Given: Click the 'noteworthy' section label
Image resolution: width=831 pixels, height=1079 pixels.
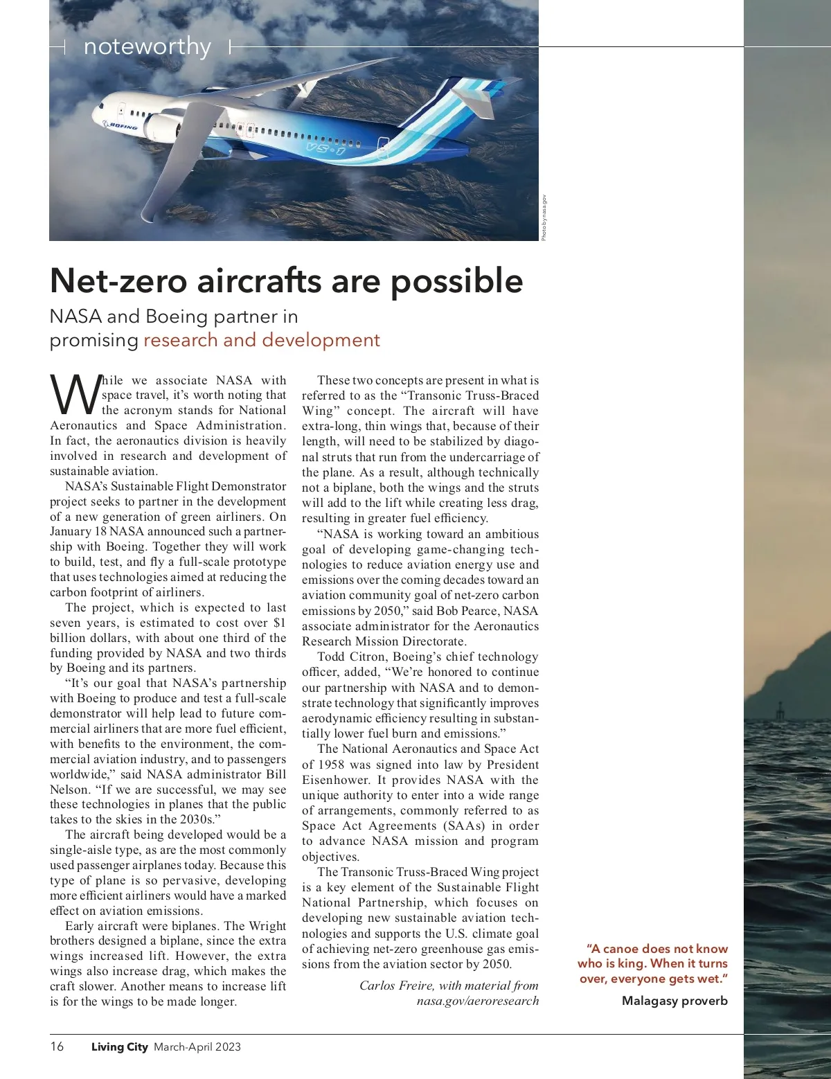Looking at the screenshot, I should (147, 47).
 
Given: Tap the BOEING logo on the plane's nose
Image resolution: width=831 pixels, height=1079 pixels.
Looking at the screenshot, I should (120, 125).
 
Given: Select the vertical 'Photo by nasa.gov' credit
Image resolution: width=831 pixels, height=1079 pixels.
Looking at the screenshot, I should (545, 217).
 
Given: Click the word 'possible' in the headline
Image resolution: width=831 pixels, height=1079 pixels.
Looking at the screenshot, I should (456, 280).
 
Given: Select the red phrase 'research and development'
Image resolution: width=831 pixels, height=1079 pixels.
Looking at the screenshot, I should (262, 340).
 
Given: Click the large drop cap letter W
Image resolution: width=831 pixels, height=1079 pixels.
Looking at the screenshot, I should (74, 396).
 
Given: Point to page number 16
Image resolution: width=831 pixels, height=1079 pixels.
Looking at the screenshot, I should (57, 1046).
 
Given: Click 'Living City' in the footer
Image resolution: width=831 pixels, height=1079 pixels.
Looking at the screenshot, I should (119, 1046).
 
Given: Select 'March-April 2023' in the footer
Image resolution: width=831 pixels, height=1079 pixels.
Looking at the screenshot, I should (197, 1046).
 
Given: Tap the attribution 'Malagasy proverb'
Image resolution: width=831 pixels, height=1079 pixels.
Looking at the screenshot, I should (674, 1000).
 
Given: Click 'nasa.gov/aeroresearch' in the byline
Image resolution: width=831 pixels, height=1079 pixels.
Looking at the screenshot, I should (477, 1001).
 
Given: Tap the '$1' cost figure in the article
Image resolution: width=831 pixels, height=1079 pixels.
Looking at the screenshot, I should (279, 623).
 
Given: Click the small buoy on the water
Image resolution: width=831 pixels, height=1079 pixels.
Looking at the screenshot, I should (780, 711).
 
